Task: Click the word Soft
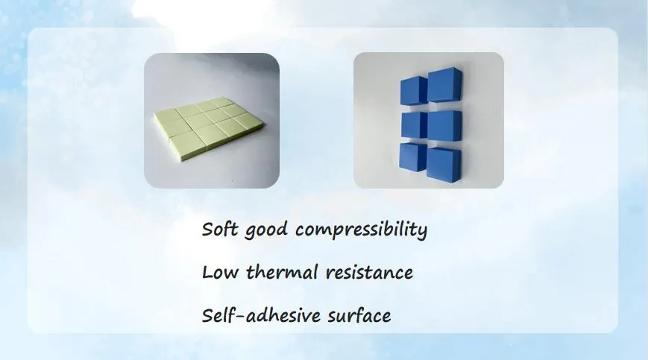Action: pyautogui.click(x=220, y=229)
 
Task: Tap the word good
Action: pyautogui.click(x=266, y=230)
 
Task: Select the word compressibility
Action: pyautogui.click(x=361, y=230)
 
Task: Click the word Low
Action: pyautogui.click(x=220, y=273)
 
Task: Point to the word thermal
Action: pyautogui.click(x=283, y=272)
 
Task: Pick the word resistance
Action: pyautogui.click(x=369, y=273)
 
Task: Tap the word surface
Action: pyautogui.click(x=359, y=315)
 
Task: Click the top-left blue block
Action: pyautogui.click(x=414, y=90)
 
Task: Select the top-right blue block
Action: pyautogui.click(x=444, y=85)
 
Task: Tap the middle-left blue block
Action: pyautogui.click(x=415, y=125)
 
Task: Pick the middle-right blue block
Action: pyautogui.click(x=444, y=126)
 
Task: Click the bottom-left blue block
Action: pyautogui.click(x=413, y=157)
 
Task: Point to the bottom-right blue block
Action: pyautogui.click(x=444, y=165)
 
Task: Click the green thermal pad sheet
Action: pyautogui.click(x=209, y=128)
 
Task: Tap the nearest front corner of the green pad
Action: pyautogui.click(x=182, y=160)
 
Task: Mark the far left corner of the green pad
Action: pyautogui.click(x=154, y=113)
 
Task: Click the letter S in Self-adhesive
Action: pyautogui.click(x=207, y=316)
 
